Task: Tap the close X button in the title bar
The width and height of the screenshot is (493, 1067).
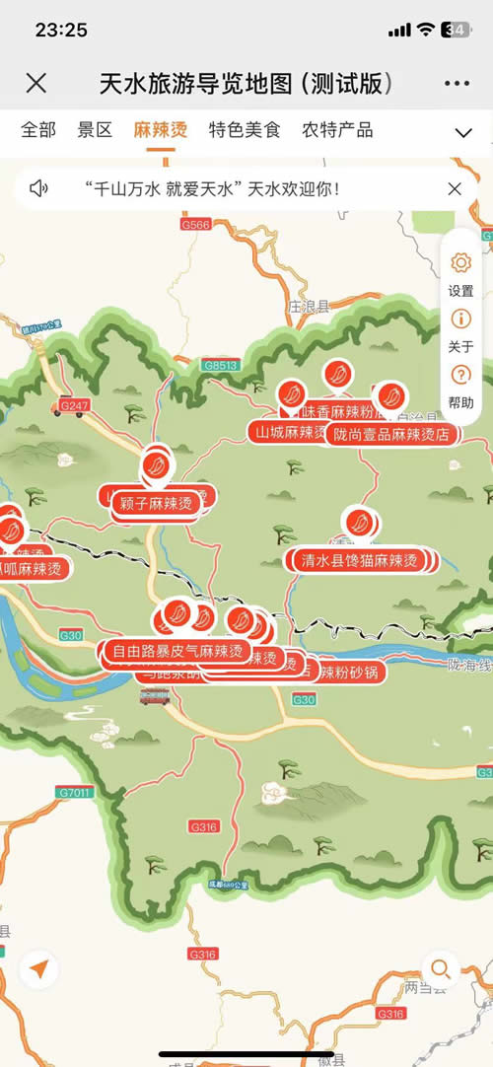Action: click(x=35, y=83)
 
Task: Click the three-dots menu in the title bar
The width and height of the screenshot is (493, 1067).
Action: click(x=456, y=83)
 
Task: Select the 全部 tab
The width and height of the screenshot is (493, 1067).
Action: click(x=38, y=129)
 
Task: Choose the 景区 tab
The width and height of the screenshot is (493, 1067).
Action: click(x=96, y=129)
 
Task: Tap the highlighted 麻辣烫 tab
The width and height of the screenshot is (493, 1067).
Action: click(x=161, y=129)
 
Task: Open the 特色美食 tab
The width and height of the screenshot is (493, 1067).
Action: click(x=245, y=129)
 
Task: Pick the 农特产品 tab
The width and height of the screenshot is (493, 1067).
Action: click(x=337, y=129)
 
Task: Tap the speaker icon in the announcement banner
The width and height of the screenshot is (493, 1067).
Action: click(x=38, y=188)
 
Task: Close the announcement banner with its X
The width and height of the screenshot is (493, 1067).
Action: click(x=455, y=188)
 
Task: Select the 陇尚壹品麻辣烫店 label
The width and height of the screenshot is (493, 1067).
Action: click(x=391, y=434)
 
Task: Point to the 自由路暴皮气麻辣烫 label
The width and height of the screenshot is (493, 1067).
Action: click(x=176, y=651)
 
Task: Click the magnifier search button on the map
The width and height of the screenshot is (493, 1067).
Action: click(x=440, y=967)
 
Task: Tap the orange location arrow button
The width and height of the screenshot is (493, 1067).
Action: click(x=37, y=969)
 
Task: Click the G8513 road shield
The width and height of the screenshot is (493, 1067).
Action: click(x=222, y=365)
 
